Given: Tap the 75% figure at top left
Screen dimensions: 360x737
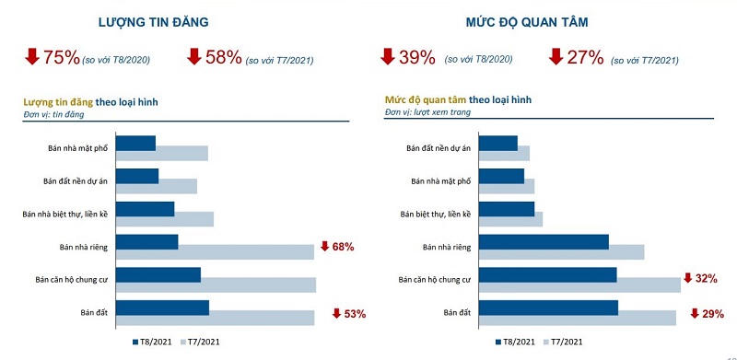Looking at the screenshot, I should coord(61,58).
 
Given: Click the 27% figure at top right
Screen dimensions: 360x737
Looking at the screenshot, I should coord(585,58).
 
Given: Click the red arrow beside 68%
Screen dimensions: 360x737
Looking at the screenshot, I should coord(324,247).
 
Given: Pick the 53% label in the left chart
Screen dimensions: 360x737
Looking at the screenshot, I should coord(355,314).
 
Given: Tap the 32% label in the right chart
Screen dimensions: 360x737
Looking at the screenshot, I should coord(708,278).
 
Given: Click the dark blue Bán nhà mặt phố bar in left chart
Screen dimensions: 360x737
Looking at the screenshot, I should coord(136,143).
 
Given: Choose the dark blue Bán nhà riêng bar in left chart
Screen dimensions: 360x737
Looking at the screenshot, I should coord(147,241).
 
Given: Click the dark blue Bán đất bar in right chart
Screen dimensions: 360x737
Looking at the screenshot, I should coord(548,308).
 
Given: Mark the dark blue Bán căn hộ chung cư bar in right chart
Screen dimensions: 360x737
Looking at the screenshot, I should coord(547,274).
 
